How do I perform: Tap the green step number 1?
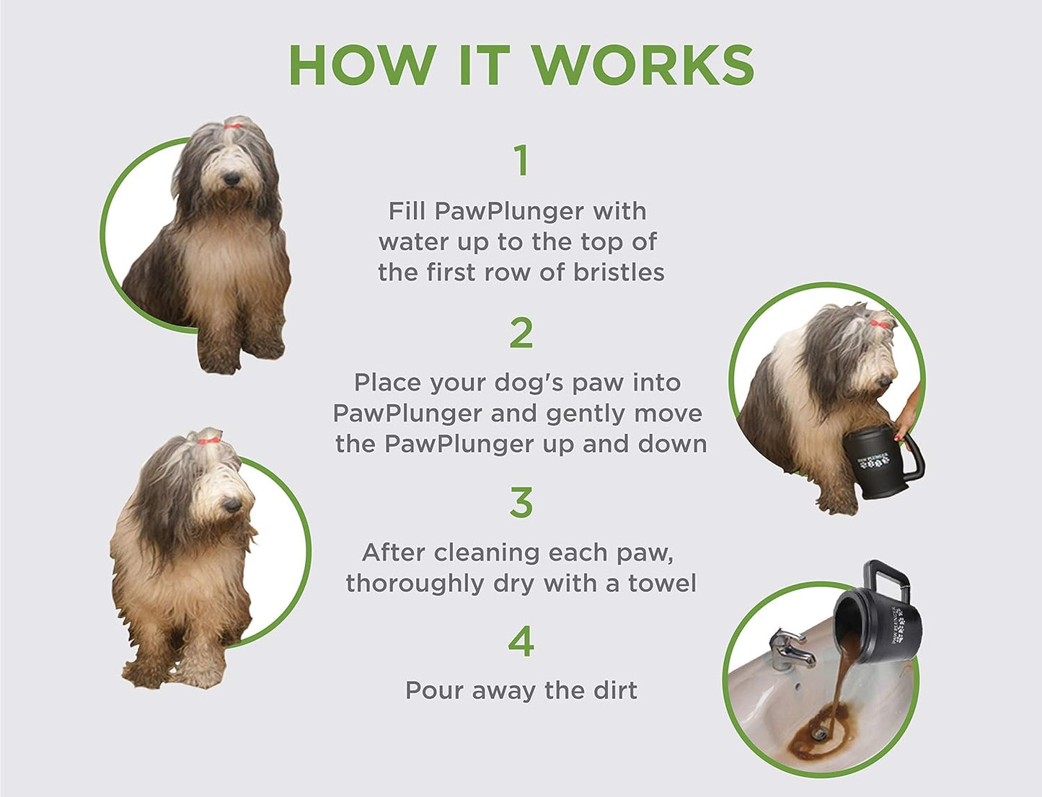[521, 161]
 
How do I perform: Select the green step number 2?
[521, 333]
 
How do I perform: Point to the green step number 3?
[521, 503]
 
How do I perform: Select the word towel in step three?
[662, 583]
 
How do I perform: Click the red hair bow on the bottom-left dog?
[208, 440]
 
